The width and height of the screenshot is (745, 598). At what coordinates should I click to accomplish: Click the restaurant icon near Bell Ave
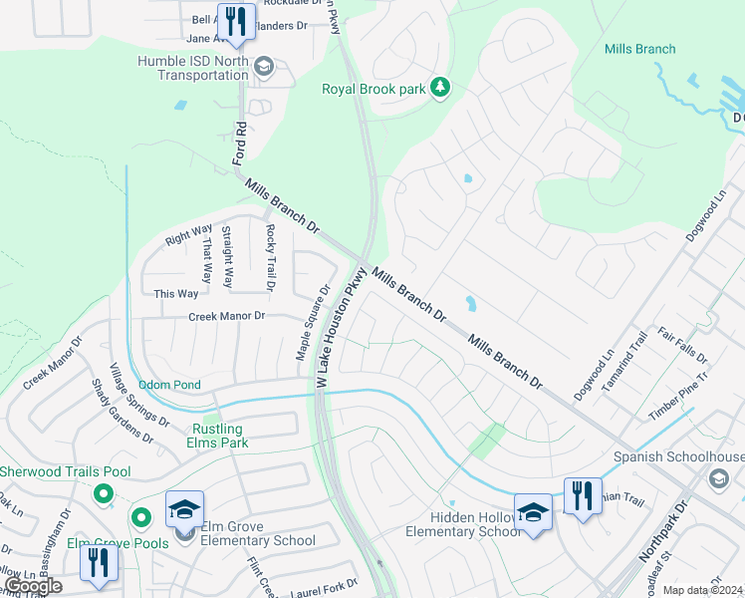point(236,22)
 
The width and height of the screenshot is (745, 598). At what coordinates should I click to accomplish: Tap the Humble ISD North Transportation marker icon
point(264,67)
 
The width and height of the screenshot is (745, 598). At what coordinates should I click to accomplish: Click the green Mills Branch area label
point(639,49)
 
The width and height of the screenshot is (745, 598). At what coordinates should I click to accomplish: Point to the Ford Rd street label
point(239,143)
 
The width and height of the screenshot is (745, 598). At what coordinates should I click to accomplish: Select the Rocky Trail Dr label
point(269,257)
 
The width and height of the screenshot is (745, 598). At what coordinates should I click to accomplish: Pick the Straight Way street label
point(228,257)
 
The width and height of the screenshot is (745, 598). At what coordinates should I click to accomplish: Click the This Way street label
point(176,293)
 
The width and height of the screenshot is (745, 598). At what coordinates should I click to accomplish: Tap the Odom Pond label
point(169,385)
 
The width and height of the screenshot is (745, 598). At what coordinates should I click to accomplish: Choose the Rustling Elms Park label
point(218,436)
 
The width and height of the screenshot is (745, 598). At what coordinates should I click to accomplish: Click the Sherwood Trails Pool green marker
point(102,493)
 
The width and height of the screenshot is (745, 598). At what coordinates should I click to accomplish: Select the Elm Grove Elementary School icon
point(185,511)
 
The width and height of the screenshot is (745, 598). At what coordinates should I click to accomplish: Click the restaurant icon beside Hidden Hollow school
point(582,495)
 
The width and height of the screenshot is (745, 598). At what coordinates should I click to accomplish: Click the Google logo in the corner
point(33,586)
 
